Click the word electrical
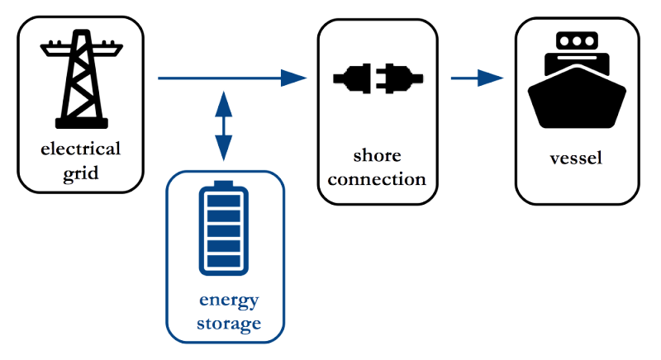click(x=81, y=149)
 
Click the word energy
click(x=228, y=300)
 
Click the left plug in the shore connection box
click(x=352, y=79)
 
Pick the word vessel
click(x=576, y=158)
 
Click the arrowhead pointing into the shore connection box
click(x=294, y=78)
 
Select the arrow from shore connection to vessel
click(x=478, y=78)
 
